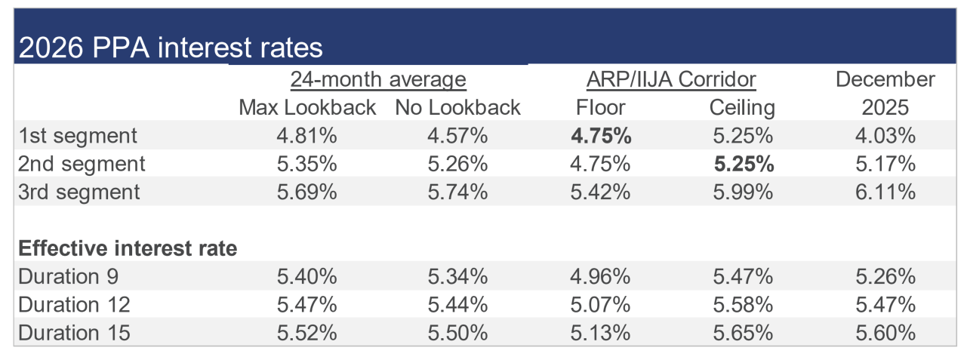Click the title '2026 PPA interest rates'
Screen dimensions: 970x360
[171, 47]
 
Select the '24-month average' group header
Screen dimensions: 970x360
[378, 79]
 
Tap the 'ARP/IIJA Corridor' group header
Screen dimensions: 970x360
[671, 79]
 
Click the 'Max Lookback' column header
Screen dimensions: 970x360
[307, 107]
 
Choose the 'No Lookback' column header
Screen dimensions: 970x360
[457, 107]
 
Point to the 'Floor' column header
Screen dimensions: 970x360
[601, 107]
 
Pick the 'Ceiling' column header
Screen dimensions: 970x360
[742, 108]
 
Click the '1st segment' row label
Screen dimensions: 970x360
[78, 136]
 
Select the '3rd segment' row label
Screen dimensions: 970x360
[79, 192]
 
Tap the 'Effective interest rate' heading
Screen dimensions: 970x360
[128, 248]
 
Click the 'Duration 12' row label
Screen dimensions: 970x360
[74, 305]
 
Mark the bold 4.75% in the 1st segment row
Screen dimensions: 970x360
[601, 136]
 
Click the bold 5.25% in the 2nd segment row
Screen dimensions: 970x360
[744, 164]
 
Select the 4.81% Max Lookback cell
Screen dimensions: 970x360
[307, 136]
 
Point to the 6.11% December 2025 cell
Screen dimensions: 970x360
[885, 192]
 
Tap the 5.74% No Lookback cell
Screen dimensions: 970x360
[457, 192]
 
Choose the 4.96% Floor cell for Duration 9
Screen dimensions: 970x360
[600, 276]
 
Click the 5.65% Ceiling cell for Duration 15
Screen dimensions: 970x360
[743, 333]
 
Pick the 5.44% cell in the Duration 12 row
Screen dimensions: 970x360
[457, 305]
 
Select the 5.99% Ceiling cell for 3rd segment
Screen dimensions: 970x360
[743, 192]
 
